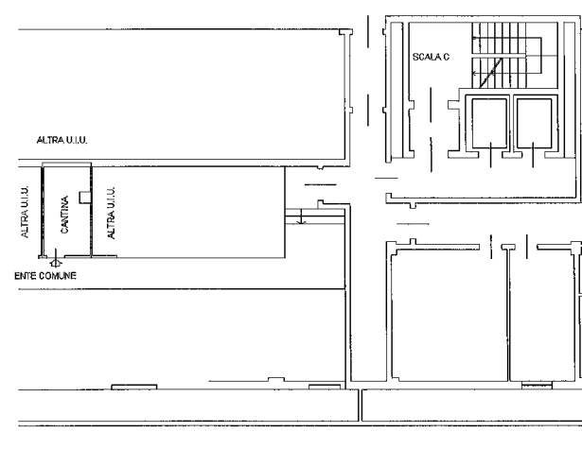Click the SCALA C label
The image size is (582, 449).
[431, 57]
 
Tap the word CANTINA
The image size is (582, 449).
[64, 215]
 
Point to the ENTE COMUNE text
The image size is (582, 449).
[45, 276]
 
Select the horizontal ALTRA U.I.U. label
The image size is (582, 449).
[62, 140]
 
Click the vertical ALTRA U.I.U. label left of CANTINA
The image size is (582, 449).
[25, 212]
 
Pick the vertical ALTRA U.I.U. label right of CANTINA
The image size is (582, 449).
[111, 213]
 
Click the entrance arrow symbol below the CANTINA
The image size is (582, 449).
[56, 259]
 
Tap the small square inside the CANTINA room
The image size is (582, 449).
[85, 198]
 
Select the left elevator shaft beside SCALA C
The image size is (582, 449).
[489, 123]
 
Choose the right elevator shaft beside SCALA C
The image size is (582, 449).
[534, 123]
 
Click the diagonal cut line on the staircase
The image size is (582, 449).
[491, 73]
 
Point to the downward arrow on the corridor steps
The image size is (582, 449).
[301, 216]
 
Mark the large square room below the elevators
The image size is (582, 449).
[450, 315]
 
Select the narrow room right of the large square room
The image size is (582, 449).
[542, 315]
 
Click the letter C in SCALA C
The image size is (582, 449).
[446, 57]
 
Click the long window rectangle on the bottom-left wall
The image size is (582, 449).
[134, 387]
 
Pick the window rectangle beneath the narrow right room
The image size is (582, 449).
[537, 386]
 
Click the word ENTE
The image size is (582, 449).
[26, 276]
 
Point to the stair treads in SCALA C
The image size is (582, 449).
[499, 55]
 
